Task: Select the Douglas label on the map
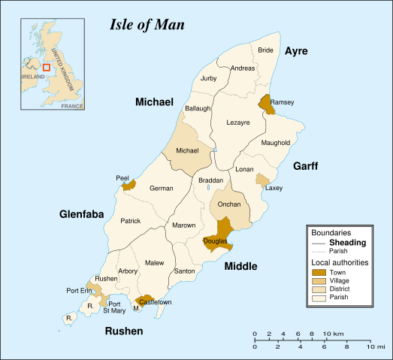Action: coord(215,241)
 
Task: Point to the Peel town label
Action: coord(122,178)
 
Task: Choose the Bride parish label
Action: coord(265,50)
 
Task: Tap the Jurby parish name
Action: coord(209,78)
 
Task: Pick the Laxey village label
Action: coord(274,188)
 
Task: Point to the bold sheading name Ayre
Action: coord(296,50)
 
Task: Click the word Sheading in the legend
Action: coord(348,242)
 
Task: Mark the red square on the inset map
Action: coord(46,68)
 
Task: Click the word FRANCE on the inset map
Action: coord(71,107)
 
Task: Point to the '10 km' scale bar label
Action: coord(334,333)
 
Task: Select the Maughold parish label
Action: coord(275,142)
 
